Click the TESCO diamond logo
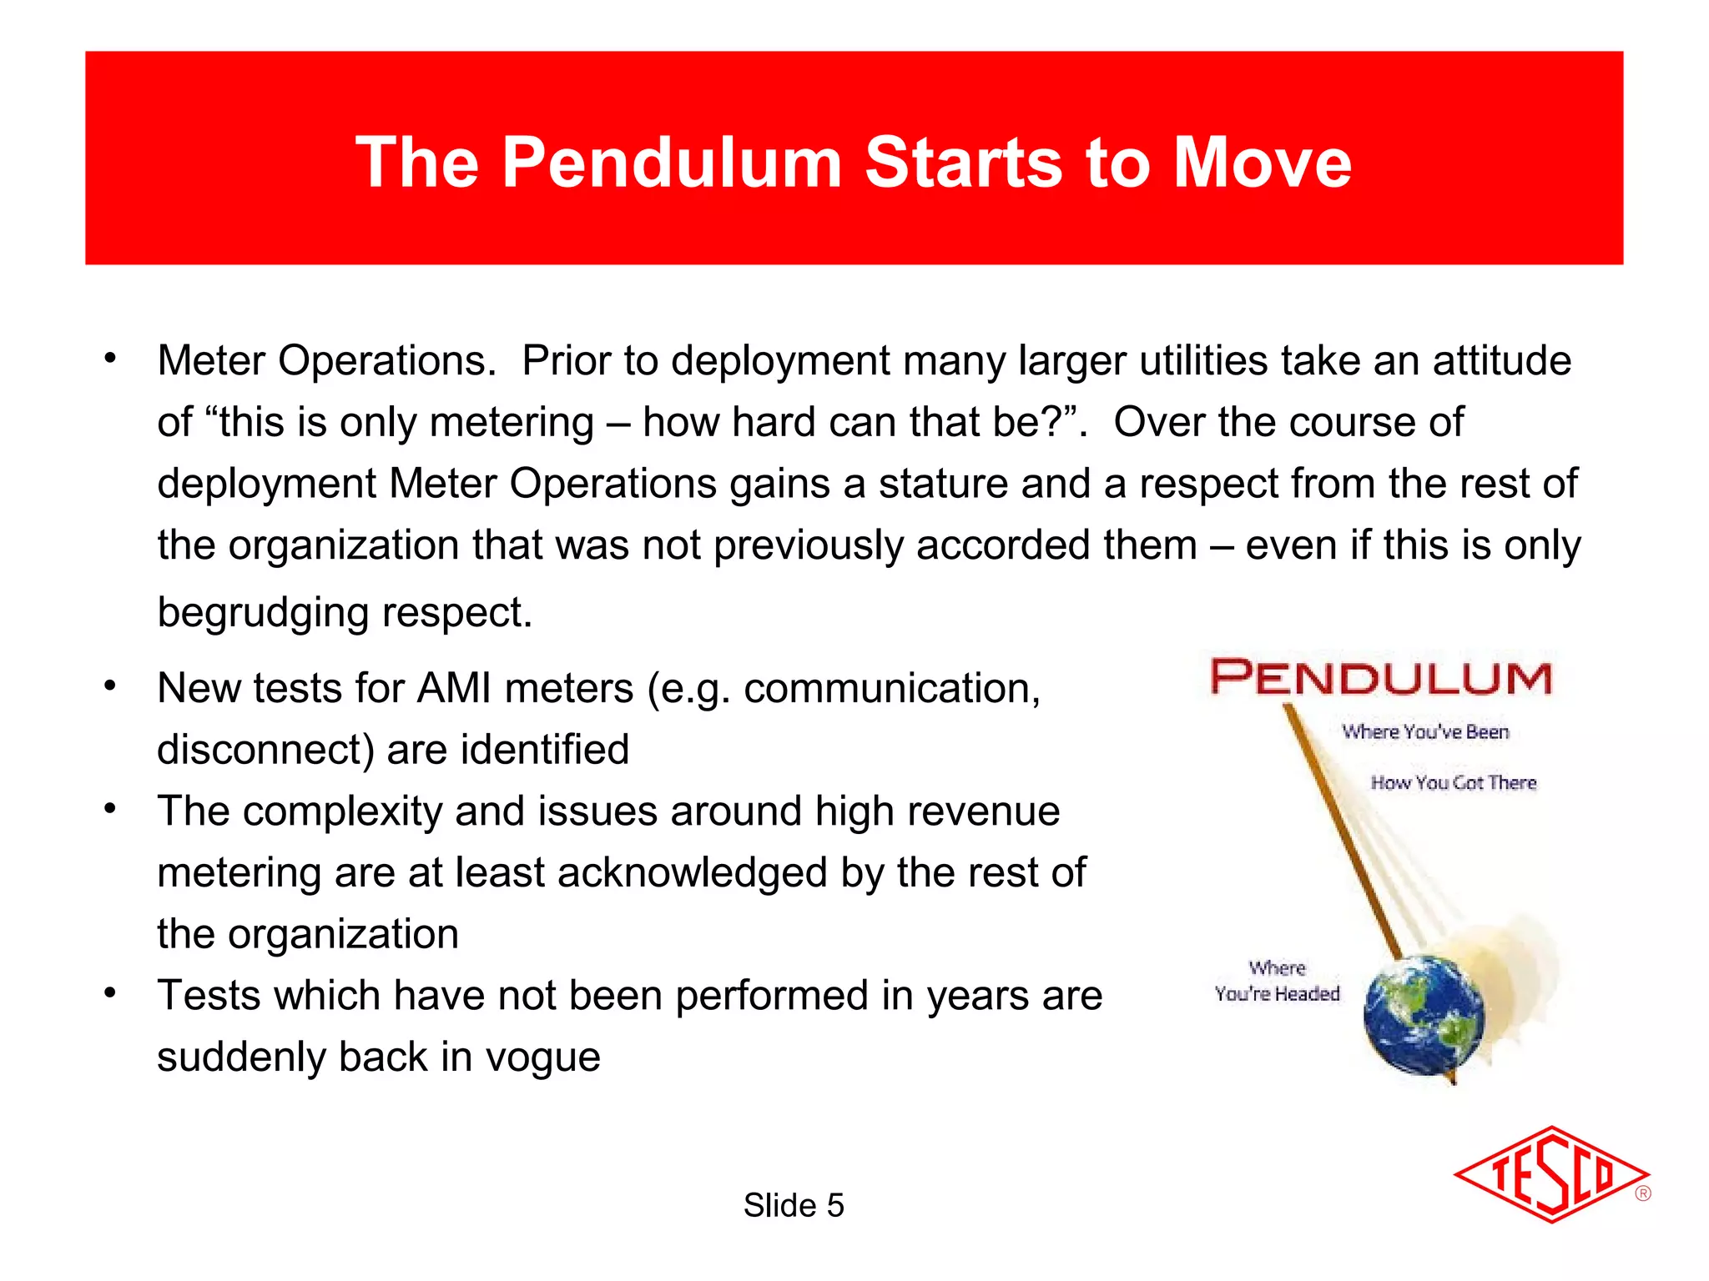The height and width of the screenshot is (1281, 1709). pos(1550,1175)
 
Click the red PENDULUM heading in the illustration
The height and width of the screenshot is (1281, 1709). pos(1381,677)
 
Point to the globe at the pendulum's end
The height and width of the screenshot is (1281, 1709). pos(1424,1016)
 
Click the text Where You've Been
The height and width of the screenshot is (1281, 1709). pos(1425,732)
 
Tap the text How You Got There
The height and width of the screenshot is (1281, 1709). pos(1453,783)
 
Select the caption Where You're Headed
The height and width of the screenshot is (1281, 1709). pos(1277,981)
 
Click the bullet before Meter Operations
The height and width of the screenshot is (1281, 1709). pos(110,359)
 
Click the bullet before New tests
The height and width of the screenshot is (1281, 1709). pos(110,687)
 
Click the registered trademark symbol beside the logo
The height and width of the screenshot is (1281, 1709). pos(1642,1193)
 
